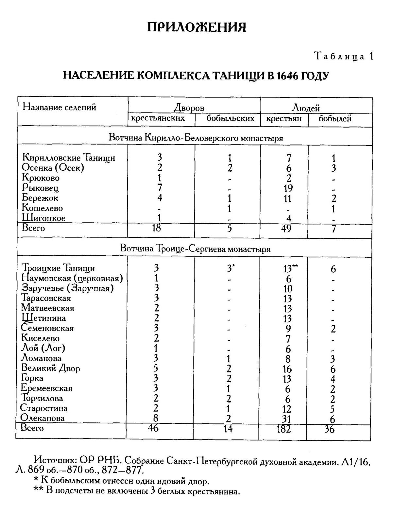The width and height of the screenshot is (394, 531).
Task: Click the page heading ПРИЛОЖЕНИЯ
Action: (x=197, y=27)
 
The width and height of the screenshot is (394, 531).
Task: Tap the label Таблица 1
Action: (x=343, y=56)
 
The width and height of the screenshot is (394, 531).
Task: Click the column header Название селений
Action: (x=59, y=107)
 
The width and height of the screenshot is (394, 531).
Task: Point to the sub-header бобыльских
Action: (x=230, y=118)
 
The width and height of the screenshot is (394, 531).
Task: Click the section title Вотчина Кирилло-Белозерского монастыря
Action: (x=196, y=138)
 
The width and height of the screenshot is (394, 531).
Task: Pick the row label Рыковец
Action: (x=40, y=188)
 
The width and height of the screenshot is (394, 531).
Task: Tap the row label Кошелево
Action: (x=42, y=208)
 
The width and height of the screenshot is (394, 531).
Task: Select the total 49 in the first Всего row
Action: (x=286, y=228)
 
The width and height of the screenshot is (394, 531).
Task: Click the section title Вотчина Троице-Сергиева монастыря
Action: (x=195, y=249)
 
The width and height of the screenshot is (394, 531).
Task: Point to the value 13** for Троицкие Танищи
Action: (x=290, y=269)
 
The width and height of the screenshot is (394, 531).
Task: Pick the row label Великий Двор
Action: (x=50, y=368)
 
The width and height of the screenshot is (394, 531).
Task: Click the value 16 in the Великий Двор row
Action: (x=287, y=369)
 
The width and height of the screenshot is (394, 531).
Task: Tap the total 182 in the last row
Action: (x=283, y=429)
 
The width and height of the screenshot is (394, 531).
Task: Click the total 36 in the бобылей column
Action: (x=329, y=429)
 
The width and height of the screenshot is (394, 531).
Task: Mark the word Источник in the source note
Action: (x=55, y=460)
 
